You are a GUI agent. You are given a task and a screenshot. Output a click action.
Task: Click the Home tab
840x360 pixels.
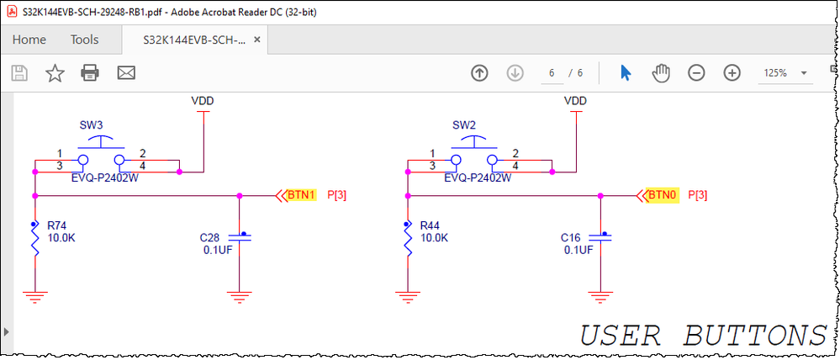point(29,40)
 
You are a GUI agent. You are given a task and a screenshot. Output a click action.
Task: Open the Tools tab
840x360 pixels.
point(84,40)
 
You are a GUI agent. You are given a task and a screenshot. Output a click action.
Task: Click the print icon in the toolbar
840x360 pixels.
point(91,73)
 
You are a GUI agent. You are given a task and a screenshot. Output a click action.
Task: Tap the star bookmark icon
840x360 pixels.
point(55,73)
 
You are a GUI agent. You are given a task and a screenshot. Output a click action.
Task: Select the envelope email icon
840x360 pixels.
point(126,73)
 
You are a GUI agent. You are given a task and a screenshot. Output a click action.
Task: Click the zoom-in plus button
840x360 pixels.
point(732,73)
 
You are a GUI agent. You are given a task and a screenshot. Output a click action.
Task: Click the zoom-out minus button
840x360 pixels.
point(696,73)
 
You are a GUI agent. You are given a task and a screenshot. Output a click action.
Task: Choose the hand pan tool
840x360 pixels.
point(661,73)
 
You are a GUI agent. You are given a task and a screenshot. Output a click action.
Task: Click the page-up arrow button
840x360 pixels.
point(479,73)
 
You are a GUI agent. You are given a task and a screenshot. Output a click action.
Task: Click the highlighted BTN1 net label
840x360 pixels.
point(300,195)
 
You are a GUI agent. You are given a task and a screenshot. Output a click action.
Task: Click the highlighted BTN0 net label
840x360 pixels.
point(661,195)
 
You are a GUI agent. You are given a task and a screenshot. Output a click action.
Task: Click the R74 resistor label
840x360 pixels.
point(57,226)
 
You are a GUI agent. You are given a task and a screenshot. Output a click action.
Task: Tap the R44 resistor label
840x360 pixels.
point(430,226)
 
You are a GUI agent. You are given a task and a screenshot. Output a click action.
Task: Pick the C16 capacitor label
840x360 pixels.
point(571,238)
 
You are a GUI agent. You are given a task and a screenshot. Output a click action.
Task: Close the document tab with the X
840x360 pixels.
point(256,40)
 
